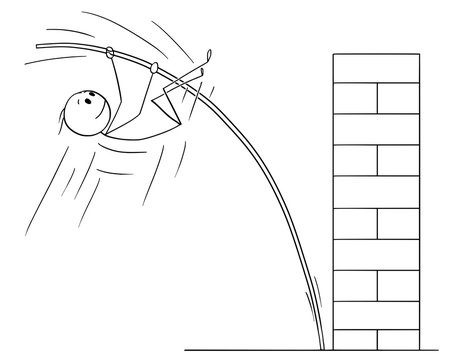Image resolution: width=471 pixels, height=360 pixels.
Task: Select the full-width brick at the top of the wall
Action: tap(375, 69)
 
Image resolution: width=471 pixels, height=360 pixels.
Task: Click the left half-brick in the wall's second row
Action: tap(353, 98)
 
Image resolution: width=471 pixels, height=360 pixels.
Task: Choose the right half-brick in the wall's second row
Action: tap(397, 98)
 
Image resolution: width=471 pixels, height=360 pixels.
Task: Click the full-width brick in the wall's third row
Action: tap(375, 128)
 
